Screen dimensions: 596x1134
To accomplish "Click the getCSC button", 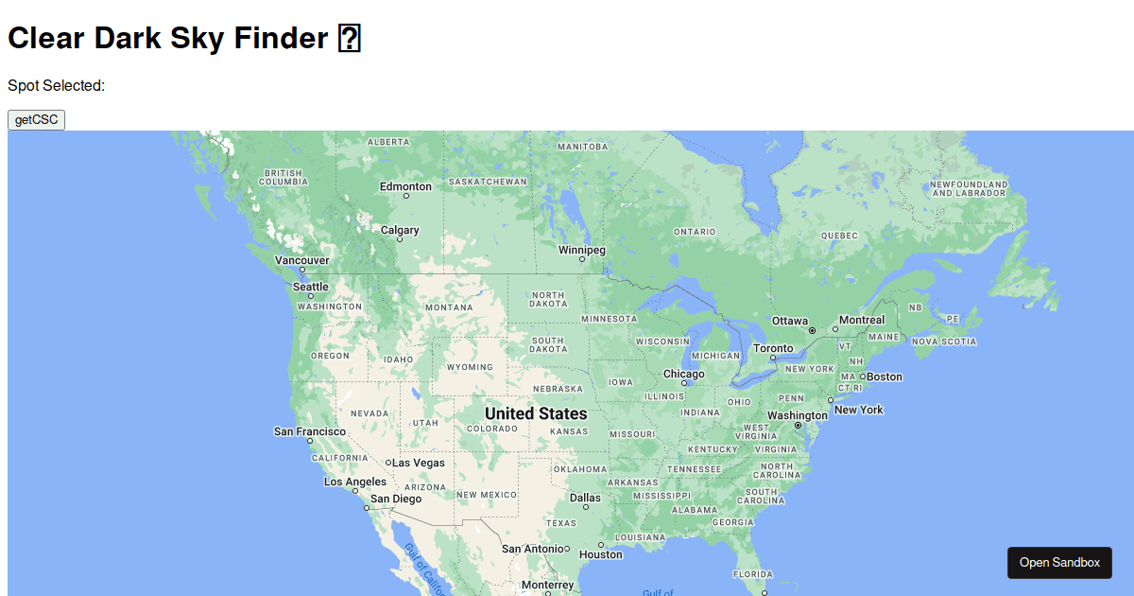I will [x=36, y=120].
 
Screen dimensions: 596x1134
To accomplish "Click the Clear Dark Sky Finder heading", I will [x=167, y=38].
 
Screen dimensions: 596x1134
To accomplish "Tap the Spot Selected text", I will [x=56, y=85].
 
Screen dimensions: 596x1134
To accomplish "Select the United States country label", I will [x=536, y=413].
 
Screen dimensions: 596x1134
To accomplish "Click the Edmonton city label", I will [x=405, y=186].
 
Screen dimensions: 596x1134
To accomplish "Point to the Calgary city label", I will [x=400, y=230].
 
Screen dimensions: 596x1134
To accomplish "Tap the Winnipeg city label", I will [x=581, y=250].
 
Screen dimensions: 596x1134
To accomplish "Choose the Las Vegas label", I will [x=419, y=463].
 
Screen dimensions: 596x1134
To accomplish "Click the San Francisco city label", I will [x=310, y=431].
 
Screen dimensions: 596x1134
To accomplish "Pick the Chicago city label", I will [x=683, y=374].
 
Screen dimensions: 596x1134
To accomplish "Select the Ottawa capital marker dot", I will [x=812, y=330].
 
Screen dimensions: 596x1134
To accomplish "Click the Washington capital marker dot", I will [x=798, y=426].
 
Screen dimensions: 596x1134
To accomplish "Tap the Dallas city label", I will [x=585, y=498].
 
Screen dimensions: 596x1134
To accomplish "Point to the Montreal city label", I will [x=862, y=320].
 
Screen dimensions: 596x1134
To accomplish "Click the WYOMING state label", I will [x=470, y=367].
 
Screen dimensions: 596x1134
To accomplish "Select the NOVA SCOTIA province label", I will [x=944, y=342].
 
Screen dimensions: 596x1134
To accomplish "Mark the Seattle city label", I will [x=311, y=287].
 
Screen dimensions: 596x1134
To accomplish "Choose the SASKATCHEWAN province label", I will [x=488, y=182].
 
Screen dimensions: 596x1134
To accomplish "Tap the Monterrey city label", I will [x=547, y=585].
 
